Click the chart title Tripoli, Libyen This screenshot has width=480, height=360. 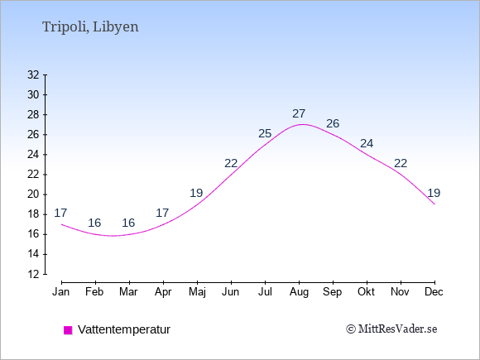click(90, 27)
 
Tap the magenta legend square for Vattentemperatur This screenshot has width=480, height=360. click(68, 330)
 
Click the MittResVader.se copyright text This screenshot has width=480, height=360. click(391, 329)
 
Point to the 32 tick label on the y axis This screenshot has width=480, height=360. click(33, 74)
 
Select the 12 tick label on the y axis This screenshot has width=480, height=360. click(33, 274)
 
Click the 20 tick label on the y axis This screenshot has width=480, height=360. click(33, 194)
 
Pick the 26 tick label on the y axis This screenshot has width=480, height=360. click(33, 134)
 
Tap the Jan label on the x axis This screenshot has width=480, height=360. click(61, 292)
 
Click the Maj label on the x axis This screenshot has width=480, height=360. click(197, 292)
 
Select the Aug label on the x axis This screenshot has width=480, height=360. click(299, 293)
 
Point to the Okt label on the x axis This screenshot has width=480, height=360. click(367, 292)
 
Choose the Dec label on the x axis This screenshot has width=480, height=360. click(434, 292)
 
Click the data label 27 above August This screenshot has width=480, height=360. click(299, 113)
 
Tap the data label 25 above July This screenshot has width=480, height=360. click(265, 133)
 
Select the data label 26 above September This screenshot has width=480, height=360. click(333, 123)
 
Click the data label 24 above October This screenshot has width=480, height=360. click(367, 143)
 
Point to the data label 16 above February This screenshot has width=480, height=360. click(94, 223)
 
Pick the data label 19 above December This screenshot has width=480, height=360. click(434, 193)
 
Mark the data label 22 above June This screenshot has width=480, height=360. click(231, 164)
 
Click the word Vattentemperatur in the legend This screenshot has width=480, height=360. click(124, 329)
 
